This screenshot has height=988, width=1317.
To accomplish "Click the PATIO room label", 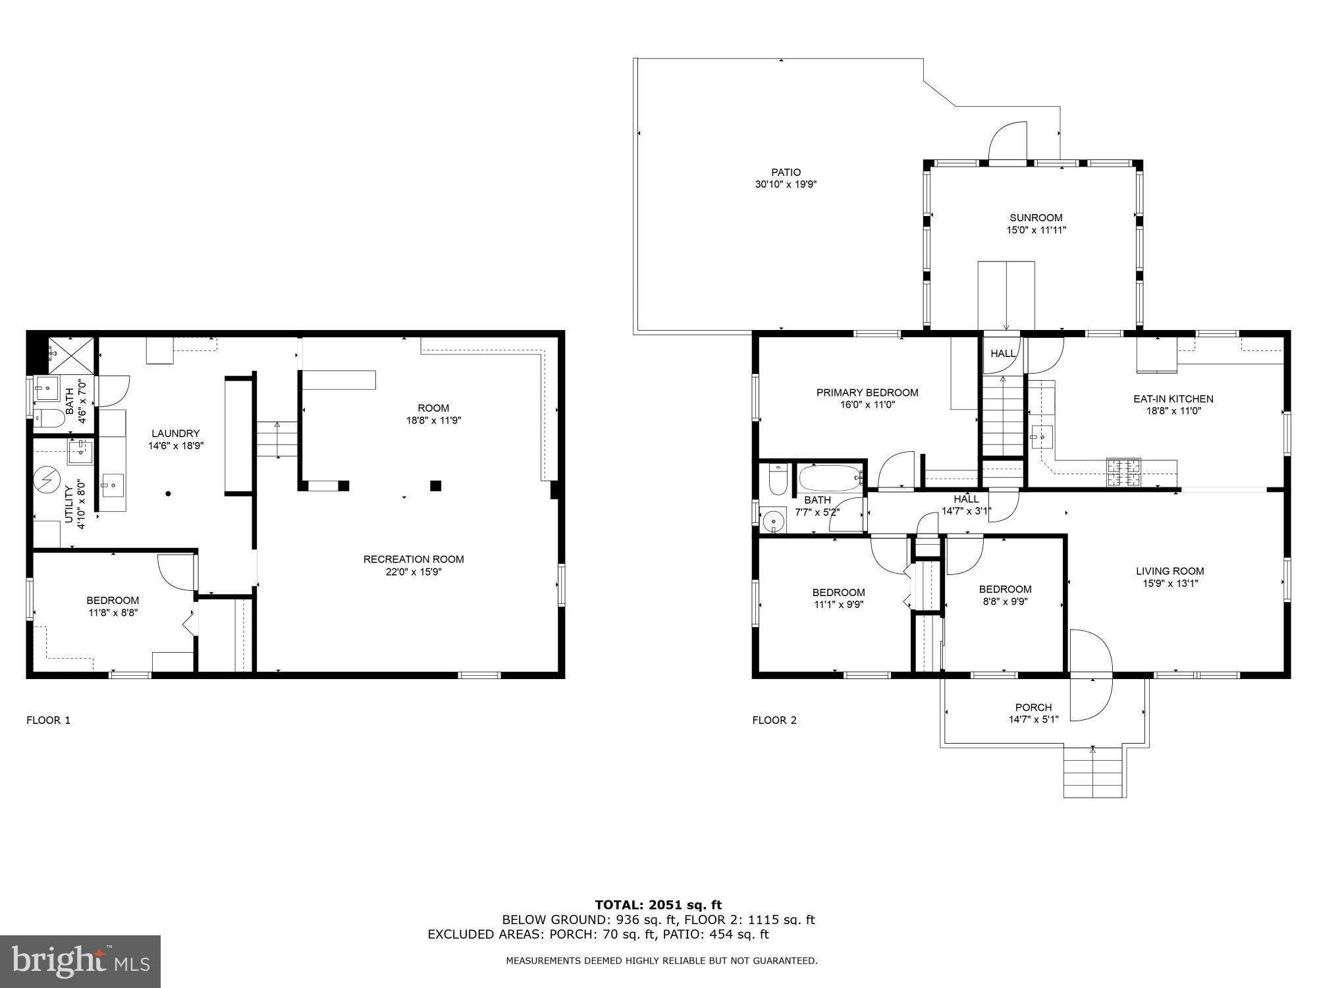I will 786,173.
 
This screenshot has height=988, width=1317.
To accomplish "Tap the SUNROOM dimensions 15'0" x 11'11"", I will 1036,231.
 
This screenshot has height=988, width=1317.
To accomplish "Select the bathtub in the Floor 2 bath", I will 830,477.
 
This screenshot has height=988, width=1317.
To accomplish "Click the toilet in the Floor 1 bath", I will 48,417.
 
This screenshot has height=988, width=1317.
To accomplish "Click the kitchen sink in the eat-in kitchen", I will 1042,436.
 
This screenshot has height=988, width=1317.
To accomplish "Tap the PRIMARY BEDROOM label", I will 867,393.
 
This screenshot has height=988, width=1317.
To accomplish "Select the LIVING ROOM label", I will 1169,572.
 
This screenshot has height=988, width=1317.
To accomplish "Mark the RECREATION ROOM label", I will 414,559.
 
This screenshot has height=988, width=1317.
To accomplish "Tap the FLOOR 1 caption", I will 48,720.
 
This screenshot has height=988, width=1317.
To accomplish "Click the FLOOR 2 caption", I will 774,720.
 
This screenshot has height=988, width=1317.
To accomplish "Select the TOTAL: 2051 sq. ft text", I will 658,905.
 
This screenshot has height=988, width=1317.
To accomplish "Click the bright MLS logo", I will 80,961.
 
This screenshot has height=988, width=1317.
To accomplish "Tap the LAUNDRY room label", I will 175,433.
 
